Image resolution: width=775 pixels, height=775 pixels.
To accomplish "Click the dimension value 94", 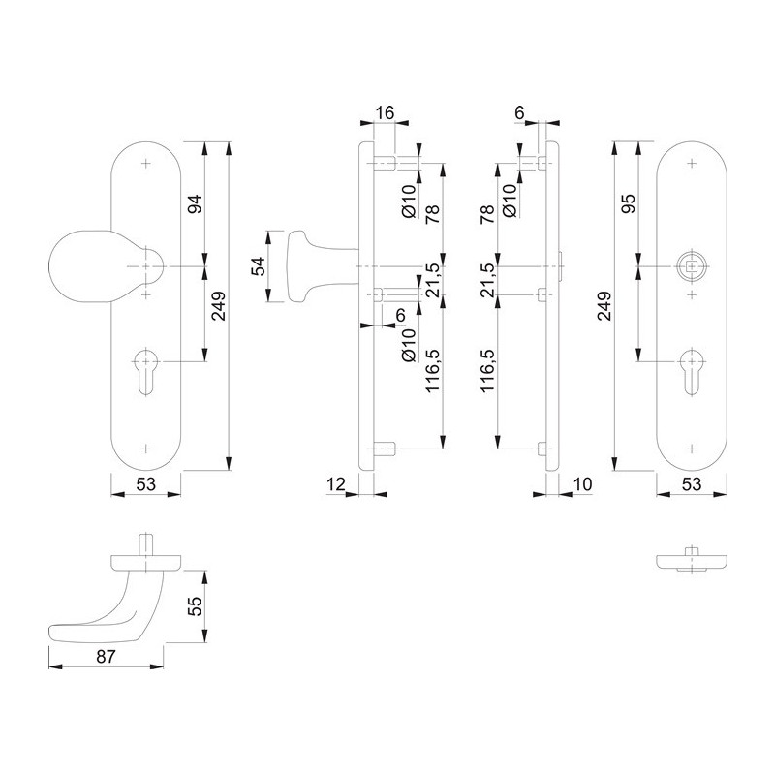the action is tap(197, 203).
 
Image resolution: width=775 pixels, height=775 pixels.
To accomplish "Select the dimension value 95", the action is tap(628, 203).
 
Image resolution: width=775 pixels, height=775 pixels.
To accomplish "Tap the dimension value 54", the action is tap(259, 266).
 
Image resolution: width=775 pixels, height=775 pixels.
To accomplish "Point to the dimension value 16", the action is tap(385, 112).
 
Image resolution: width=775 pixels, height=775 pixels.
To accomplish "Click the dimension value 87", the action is tap(107, 657).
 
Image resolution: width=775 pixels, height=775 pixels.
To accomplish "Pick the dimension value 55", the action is tap(197, 606).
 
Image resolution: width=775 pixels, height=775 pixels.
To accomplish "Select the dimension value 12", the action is tap(336, 484).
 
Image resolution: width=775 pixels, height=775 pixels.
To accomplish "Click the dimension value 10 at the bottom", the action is tap(583, 484).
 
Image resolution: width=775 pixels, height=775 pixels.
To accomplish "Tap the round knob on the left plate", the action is tap(99, 265).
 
